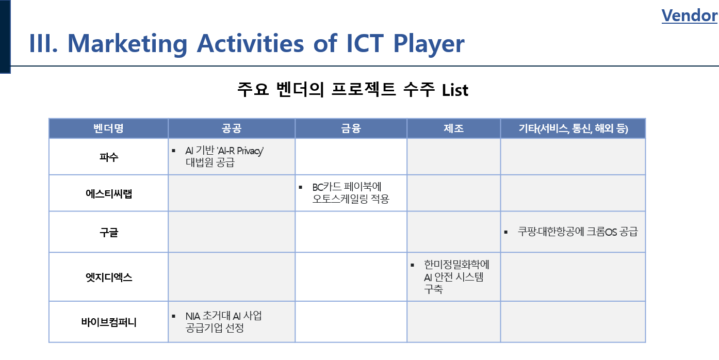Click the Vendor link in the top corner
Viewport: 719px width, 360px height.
point(689,15)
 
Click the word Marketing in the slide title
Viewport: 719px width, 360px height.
point(127,44)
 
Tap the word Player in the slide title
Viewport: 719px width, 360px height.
point(429,44)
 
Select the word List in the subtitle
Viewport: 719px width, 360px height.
point(455,90)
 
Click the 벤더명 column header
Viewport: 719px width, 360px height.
point(108,128)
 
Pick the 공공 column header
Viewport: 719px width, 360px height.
point(232,128)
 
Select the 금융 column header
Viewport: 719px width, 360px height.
point(351,128)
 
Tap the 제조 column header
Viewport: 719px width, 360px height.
point(453,128)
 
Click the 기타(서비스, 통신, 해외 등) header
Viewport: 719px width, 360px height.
point(573,128)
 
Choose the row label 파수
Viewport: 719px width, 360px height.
point(109,157)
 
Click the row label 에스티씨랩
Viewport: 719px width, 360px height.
point(109,193)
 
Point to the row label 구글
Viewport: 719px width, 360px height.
point(109,232)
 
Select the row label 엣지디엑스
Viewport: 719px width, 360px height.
point(109,277)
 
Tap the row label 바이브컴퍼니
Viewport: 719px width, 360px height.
point(109,322)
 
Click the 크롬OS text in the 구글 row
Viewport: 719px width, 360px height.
point(601,232)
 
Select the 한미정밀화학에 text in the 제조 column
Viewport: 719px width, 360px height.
point(456,265)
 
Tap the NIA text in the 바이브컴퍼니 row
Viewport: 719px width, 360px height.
point(193,316)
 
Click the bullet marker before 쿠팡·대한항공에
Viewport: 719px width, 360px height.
point(506,232)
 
